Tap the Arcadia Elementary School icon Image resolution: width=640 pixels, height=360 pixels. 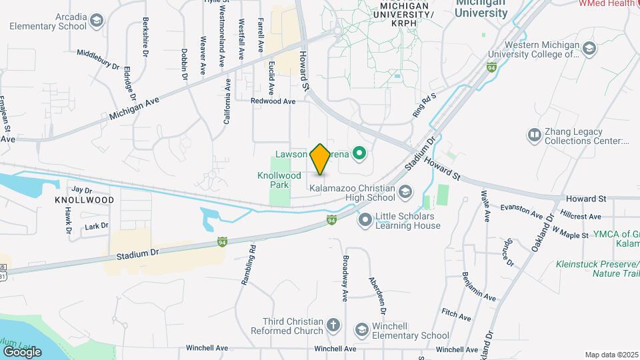point(97,21)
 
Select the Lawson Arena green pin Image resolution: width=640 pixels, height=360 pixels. point(360,155)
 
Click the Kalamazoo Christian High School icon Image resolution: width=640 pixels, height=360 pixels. point(405,193)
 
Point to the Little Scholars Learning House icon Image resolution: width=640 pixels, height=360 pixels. point(365,219)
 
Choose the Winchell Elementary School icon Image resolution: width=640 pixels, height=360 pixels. point(362,330)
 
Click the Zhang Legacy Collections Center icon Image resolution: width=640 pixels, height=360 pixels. point(534,136)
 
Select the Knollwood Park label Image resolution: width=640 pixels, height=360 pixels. point(274,180)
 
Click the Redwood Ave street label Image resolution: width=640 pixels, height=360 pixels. point(273,101)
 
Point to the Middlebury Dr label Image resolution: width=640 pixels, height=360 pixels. point(98,59)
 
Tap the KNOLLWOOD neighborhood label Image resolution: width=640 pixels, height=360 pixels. point(84,200)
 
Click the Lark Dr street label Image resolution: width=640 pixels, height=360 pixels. point(96,227)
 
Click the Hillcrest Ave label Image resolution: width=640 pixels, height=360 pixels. point(581,217)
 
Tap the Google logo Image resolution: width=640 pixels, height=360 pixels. point(22,351)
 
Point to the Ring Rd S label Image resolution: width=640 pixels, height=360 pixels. point(423,105)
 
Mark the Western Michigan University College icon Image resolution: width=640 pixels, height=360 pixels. point(589,48)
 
